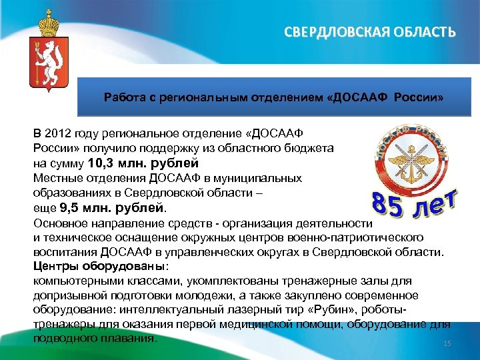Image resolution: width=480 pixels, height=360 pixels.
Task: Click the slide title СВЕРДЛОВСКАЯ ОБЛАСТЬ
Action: coord(371,32)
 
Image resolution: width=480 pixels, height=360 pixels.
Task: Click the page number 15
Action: coord(447,343)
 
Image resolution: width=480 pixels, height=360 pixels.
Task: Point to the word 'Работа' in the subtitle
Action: coord(121,98)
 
